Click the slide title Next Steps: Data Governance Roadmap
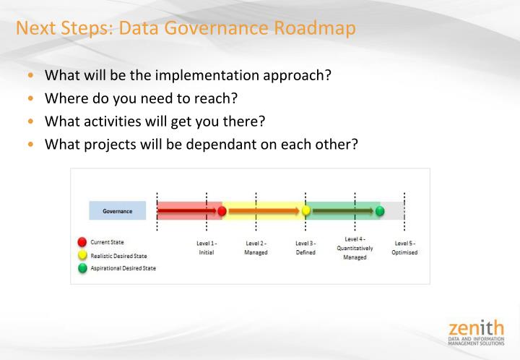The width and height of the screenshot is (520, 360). click(x=186, y=29)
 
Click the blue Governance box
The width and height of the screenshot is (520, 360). click(x=117, y=211)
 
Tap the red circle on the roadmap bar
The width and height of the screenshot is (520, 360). click(x=222, y=211)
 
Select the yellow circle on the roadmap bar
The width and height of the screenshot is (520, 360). click(x=305, y=211)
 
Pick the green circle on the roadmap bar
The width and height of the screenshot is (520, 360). click(x=380, y=211)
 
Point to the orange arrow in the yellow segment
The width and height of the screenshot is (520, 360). click(x=264, y=211)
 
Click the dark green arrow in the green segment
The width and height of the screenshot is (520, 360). click(x=342, y=211)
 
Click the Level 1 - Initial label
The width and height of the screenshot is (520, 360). click(x=207, y=248)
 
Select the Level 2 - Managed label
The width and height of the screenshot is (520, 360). click(x=256, y=248)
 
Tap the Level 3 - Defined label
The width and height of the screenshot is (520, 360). click(x=305, y=248)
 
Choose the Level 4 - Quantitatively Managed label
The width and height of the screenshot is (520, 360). click(x=355, y=248)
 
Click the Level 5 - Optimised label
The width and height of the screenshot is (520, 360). click(x=404, y=248)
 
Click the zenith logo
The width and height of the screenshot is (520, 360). click(x=476, y=333)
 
